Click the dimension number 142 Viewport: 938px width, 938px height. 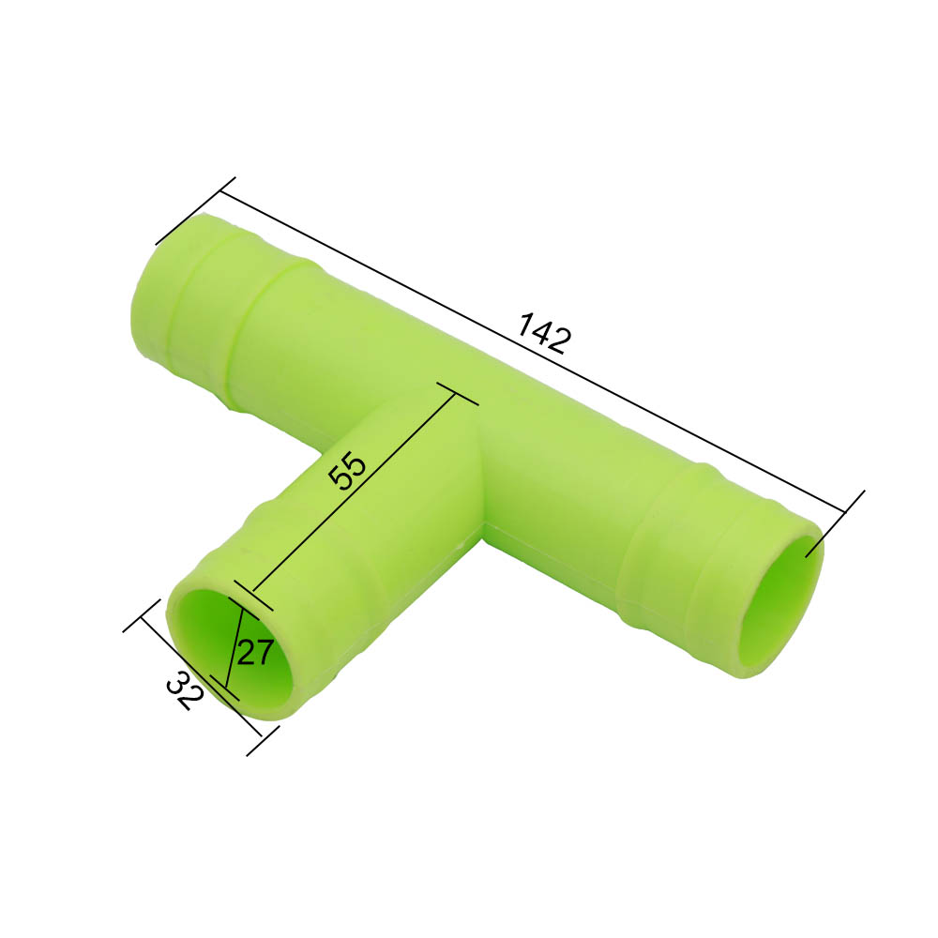[543, 333]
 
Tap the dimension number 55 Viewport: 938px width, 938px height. [345, 472]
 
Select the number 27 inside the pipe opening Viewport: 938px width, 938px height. [254, 651]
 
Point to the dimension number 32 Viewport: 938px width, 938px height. [184, 692]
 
